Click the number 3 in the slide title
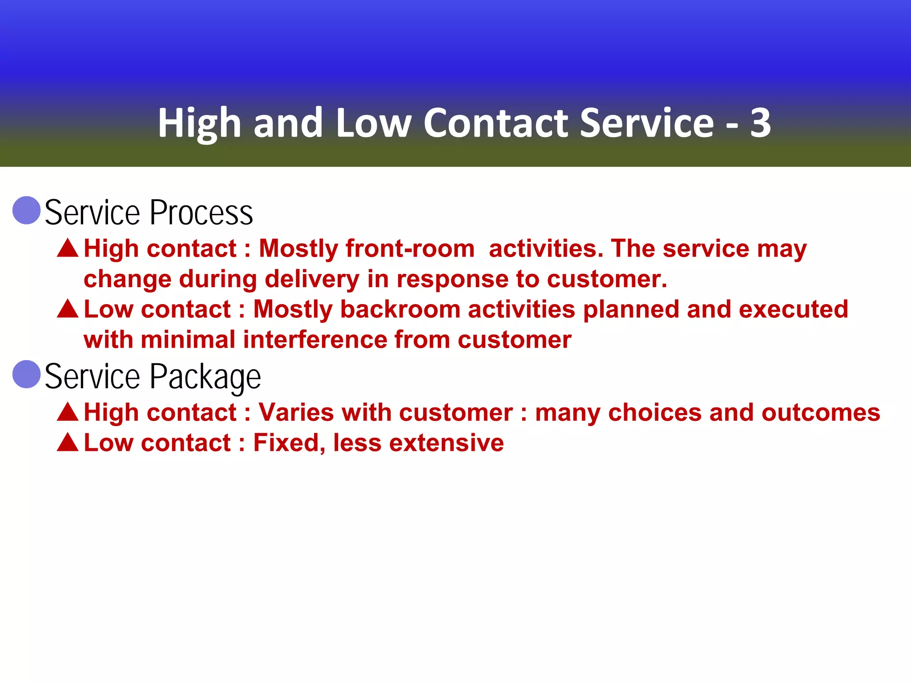[x=760, y=123]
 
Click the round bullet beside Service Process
[x=27, y=210]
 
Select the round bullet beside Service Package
[x=27, y=374]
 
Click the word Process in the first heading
[x=202, y=213]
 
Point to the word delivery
[x=312, y=279]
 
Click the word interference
[x=315, y=340]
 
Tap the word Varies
[x=296, y=412]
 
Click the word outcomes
[x=821, y=412]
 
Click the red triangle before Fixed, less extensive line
[x=68, y=442]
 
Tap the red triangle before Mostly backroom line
[x=68, y=309]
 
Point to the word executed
[x=794, y=309]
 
